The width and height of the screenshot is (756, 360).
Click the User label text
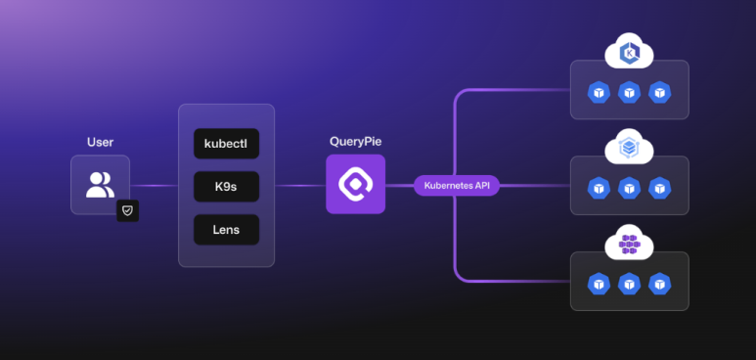[101, 143]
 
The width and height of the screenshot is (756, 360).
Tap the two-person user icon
[101, 184]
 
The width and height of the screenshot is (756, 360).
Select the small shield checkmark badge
[128, 211]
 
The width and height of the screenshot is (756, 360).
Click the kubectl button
[226, 144]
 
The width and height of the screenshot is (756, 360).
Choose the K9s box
[226, 186]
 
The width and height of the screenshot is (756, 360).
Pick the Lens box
[226, 229]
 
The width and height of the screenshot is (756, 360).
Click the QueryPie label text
[355, 142]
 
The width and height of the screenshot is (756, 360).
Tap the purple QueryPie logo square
[355, 184]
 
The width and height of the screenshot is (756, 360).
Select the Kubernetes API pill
[457, 185]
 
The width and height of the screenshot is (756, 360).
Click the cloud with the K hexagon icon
[629, 51]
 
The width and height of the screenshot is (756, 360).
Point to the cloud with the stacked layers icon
[629, 147]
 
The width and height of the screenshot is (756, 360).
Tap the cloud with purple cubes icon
[629, 243]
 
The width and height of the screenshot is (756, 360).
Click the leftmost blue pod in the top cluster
[599, 92]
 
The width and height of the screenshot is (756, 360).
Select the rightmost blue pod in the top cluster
[659, 92]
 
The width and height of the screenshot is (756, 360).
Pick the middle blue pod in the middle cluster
[629, 188]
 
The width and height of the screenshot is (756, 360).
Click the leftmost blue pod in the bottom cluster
[599, 284]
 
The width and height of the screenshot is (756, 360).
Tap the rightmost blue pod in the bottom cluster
[659, 284]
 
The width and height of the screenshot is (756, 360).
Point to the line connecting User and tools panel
[155, 185]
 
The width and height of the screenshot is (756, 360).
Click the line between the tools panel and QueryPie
[300, 185]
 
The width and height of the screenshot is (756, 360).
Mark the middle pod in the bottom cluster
[629, 284]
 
